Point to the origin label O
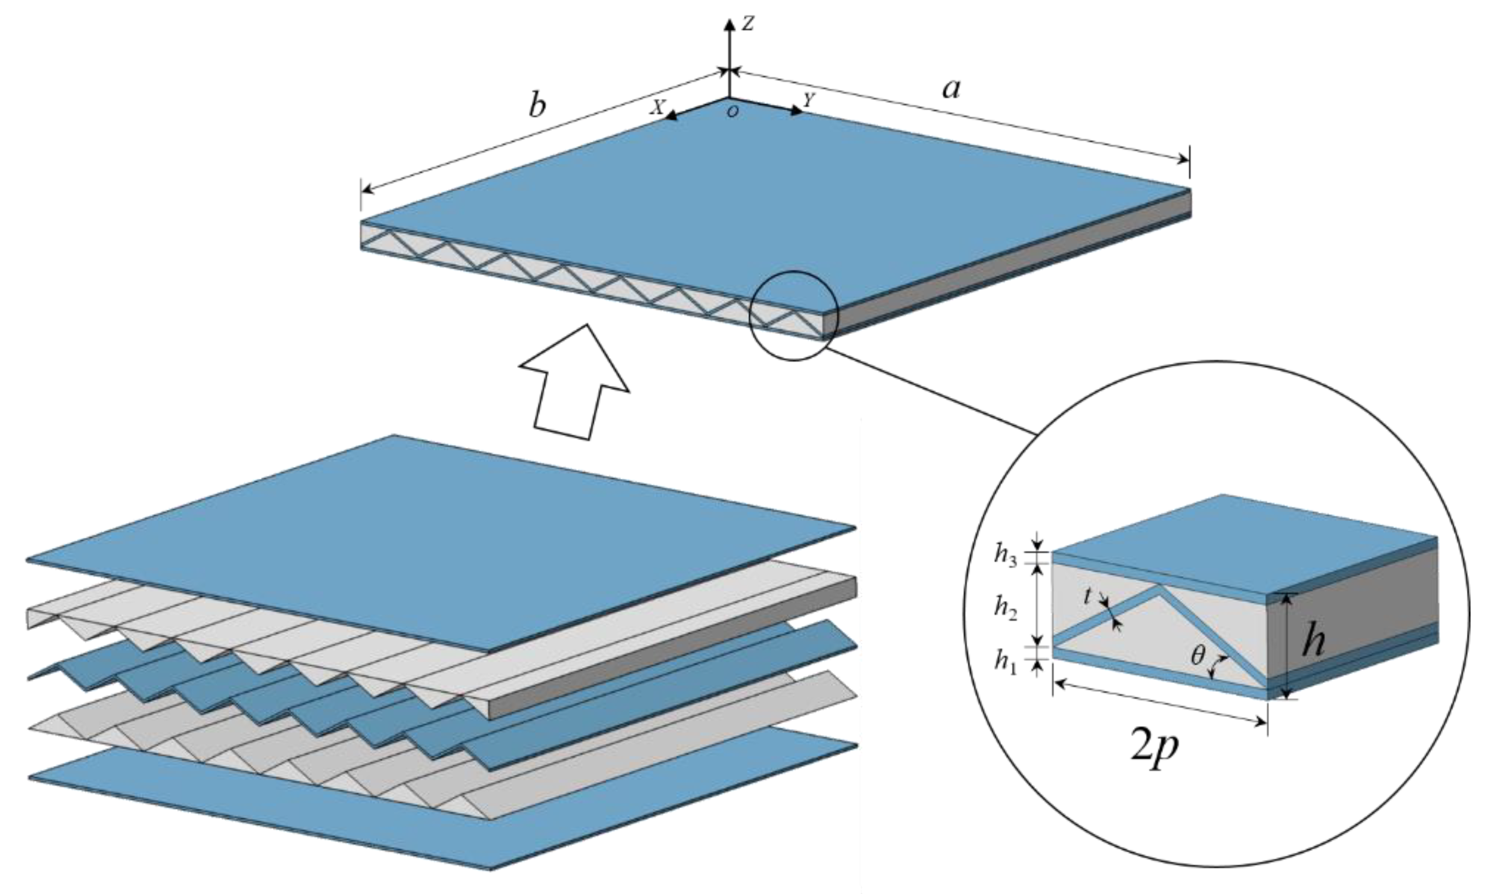[x=733, y=112]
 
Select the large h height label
[x=1313, y=642]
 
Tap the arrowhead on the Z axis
[x=729, y=25]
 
